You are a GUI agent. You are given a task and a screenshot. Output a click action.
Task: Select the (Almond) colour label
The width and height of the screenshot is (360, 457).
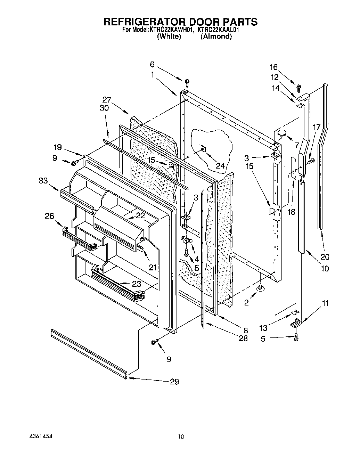[216, 36]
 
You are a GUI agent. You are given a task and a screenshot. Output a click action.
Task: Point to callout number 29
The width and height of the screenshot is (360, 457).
[174, 382]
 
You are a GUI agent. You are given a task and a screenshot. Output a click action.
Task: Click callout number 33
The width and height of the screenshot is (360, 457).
[43, 180]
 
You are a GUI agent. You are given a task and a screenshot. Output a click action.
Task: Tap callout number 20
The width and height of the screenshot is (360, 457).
[325, 257]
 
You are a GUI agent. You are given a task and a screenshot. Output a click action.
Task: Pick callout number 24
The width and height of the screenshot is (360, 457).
[220, 166]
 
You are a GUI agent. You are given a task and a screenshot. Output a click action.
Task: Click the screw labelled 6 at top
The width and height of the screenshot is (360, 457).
[187, 83]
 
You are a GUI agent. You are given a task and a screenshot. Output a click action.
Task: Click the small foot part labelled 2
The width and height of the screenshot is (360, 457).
[260, 288]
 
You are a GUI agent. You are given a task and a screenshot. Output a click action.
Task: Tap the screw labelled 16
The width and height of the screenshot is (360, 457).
[298, 86]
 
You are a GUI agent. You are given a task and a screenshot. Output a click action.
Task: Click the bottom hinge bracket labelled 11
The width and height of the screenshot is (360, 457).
[295, 323]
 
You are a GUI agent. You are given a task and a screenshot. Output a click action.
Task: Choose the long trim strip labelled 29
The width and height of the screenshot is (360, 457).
[89, 352]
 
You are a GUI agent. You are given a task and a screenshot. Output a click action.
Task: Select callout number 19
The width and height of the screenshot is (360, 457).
[58, 147]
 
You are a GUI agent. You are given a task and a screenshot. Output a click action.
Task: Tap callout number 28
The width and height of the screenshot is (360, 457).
[243, 338]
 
